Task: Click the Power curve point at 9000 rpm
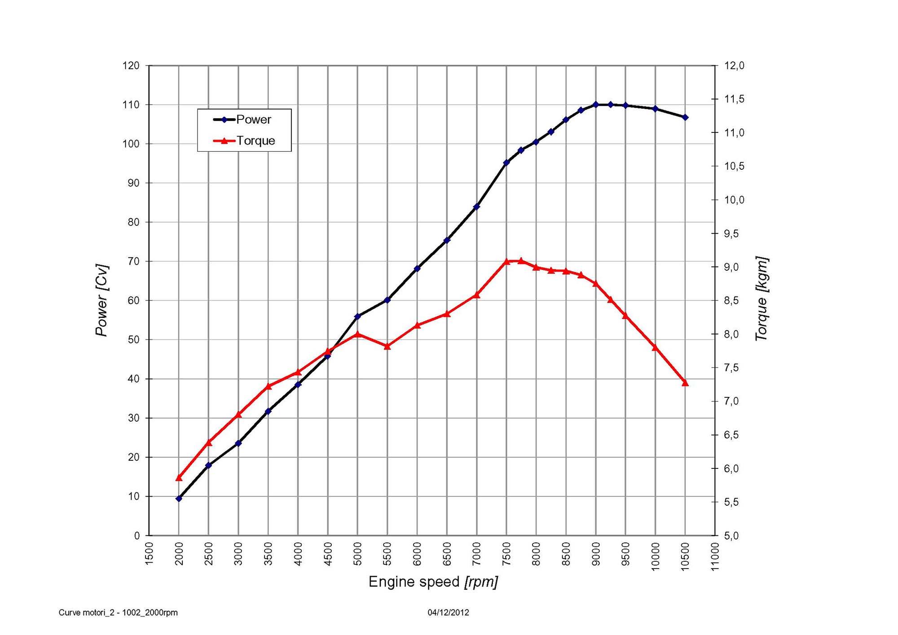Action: [x=596, y=105]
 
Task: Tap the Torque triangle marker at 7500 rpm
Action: [x=506, y=261]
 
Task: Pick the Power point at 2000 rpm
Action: [x=179, y=498]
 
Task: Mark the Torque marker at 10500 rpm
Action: [x=685, y=383]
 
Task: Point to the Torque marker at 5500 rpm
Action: [x=387, y=346]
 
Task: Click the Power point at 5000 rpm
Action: [x=357, y=317]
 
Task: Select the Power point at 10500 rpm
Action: [x=685, y=117]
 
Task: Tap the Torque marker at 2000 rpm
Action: [x=179, y=478]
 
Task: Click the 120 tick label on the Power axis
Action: [x=131, y=66]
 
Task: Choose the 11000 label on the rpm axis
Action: [x=715, y=557]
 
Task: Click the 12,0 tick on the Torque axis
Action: [x=734, y=66]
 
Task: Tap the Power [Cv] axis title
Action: [x=102, y=300]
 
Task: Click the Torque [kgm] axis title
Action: [x=762, y=299]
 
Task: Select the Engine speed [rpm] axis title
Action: [x=433, y=582]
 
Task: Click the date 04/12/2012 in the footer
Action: [x=448, y=613]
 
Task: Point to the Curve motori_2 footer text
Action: [x=118, y=613]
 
